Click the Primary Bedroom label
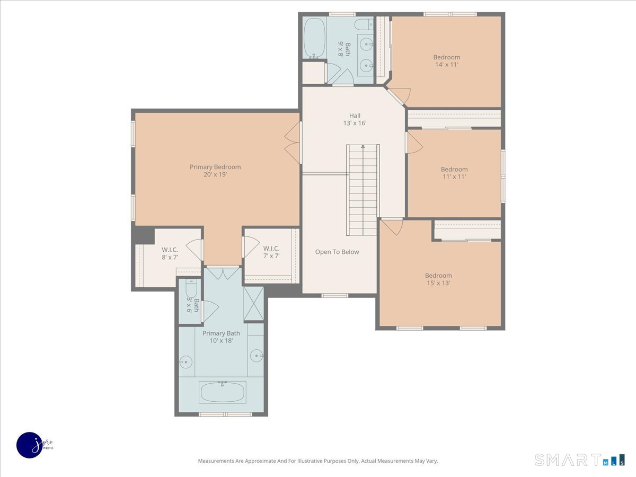pyautogui.click(x=215, y=171)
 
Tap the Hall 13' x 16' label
pyautogui.click(x=355, y=119)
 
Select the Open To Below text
pyautogui.click(x=337, y=252)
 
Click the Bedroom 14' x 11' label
pyautogui.click(x=446, y=61)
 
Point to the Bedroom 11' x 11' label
pyautogui.click(x=454, y=173)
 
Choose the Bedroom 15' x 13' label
pyautogui.click(x=438, y=279)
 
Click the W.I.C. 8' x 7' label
pyautogui.click(x=170, y=253)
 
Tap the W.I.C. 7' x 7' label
pyautogui.click(x=271, y=252)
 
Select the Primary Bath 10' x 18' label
pyautogui.click(x=221, y=337)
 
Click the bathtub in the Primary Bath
pyautogui.click(x=222, y=392)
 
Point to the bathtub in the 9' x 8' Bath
pyautogui.click(x=314, y=38)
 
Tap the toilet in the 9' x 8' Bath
pyautogui.click(x=364, y=24)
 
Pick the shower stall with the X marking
pyautogui.click(x=253, y=304)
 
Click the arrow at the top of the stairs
pyautogui.click(x=363, y=147)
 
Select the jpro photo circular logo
pyautogui.click(x=30, y=445)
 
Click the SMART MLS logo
pyautogui.click(x=579, y=460)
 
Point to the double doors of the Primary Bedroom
pyautogui.click(x=293, y=143)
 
